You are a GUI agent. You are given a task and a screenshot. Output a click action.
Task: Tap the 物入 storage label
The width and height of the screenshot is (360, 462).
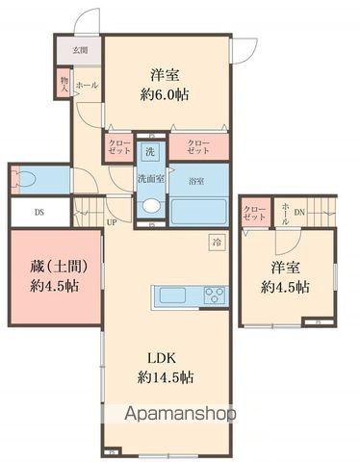(x=64, y=83)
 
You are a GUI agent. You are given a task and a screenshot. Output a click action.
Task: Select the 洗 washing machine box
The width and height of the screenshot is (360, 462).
(x=149, y=151)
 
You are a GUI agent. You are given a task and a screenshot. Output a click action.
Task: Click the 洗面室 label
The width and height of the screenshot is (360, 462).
(x=149, y=178)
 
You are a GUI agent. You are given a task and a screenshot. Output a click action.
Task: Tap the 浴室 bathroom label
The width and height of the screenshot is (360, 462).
(x=195, y=181)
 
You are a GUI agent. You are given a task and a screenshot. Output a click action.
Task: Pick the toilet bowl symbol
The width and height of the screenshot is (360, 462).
(x=27, y=178)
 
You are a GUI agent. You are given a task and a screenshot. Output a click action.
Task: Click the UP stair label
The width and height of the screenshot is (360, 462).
(x=112, y=223)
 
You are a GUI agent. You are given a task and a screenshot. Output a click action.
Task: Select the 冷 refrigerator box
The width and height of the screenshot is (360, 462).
(x=216, y=244)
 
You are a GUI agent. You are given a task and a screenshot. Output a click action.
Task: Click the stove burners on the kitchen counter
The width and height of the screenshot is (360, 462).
(x=213, y=295)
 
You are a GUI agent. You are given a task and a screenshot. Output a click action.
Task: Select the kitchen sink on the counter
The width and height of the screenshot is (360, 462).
(x=170, y=295)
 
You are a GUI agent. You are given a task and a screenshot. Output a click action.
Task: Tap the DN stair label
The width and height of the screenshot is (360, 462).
(x=299, y=213)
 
